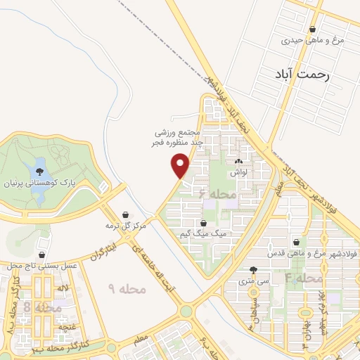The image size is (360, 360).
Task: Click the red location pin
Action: tap(181, 165)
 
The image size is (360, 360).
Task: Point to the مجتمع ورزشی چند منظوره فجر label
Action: tap(179, 137)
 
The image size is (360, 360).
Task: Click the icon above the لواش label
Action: tap(247, 162)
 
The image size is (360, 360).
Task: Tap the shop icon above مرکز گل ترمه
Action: tap(125, 214)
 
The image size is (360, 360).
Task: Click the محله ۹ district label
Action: tap(127, 288)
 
